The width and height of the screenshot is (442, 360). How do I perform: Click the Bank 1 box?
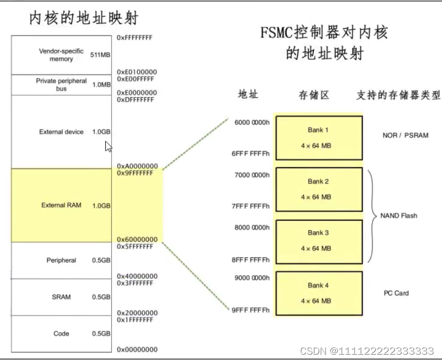319,138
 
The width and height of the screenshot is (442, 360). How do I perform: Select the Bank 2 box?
319,189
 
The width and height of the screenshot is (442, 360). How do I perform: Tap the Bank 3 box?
319,240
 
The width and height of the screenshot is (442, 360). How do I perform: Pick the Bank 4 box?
319,293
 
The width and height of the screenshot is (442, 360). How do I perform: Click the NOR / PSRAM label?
405,136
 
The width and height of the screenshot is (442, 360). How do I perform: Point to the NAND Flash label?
399,216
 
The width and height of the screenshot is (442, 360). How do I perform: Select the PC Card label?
396,293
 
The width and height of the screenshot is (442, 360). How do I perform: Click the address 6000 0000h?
252,122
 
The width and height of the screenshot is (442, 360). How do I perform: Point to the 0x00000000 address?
137,349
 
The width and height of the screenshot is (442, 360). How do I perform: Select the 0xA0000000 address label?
137,165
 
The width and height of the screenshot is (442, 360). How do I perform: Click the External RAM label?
61,205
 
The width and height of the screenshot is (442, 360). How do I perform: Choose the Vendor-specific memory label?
61,55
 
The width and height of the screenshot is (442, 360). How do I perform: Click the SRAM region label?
61,297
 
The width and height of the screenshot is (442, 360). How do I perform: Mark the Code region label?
61,334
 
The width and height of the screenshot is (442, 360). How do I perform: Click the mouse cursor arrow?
109,147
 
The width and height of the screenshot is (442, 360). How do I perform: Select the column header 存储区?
314,95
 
